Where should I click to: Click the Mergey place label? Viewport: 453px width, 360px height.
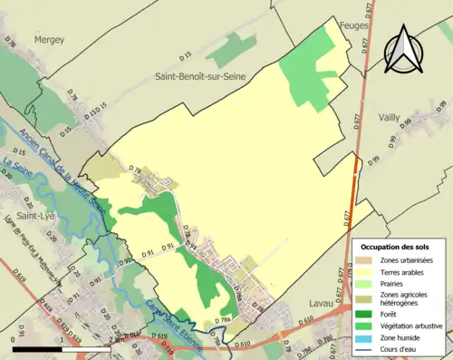50,40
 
